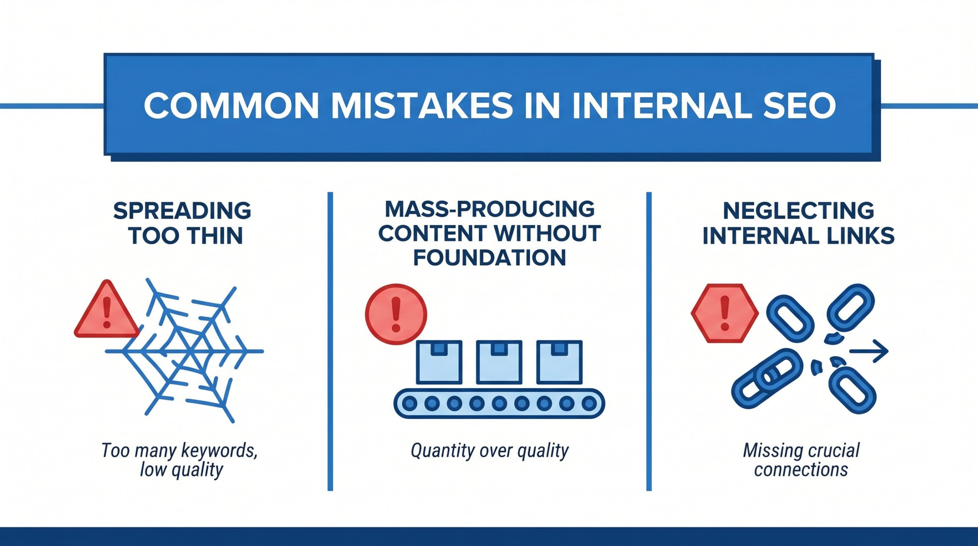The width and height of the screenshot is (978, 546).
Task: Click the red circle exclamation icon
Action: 396,314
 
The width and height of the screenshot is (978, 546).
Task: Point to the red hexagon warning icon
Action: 725,313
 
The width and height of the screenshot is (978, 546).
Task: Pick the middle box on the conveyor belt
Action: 499,362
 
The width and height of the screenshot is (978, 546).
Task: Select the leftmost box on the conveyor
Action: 439,362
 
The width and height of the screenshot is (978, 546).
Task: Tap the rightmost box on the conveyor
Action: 559,362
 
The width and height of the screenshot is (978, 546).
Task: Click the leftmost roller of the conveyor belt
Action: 410,403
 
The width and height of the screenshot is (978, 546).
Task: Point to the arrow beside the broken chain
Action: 869,351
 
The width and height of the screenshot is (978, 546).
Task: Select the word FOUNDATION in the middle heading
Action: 489,258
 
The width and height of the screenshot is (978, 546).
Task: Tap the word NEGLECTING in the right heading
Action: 798,211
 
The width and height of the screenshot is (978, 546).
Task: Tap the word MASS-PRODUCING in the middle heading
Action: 489,209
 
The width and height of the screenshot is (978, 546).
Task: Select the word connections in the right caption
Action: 801,470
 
